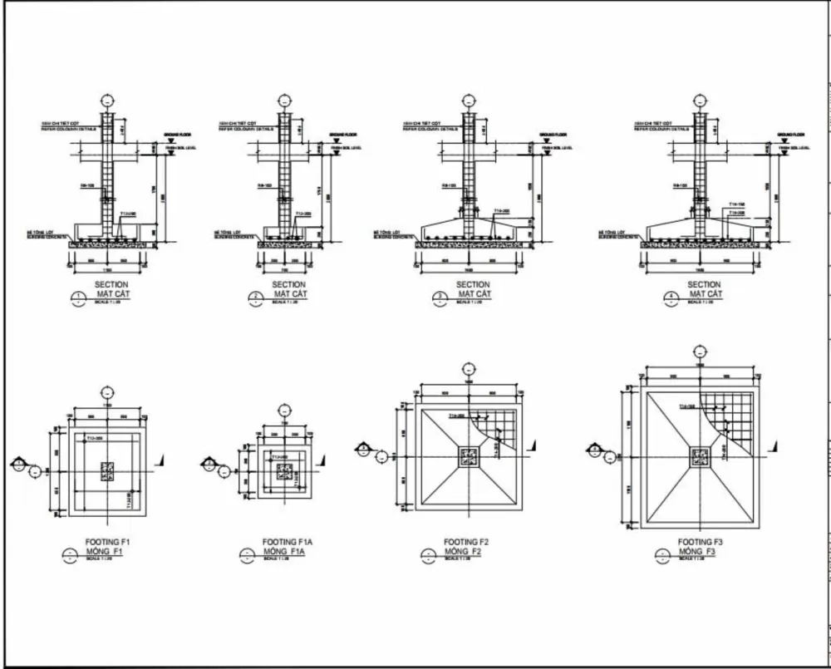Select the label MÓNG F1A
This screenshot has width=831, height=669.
285,551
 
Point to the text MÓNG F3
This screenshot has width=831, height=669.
701,552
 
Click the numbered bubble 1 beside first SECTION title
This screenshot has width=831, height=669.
79,297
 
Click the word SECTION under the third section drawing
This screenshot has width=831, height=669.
473,285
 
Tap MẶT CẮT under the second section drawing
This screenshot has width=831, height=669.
288,294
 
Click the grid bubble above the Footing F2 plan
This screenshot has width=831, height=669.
470,368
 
